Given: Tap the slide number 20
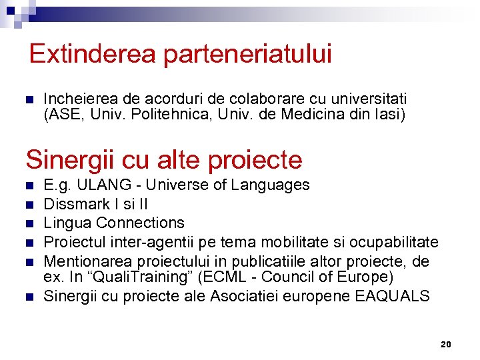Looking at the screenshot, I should click(446, 345).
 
